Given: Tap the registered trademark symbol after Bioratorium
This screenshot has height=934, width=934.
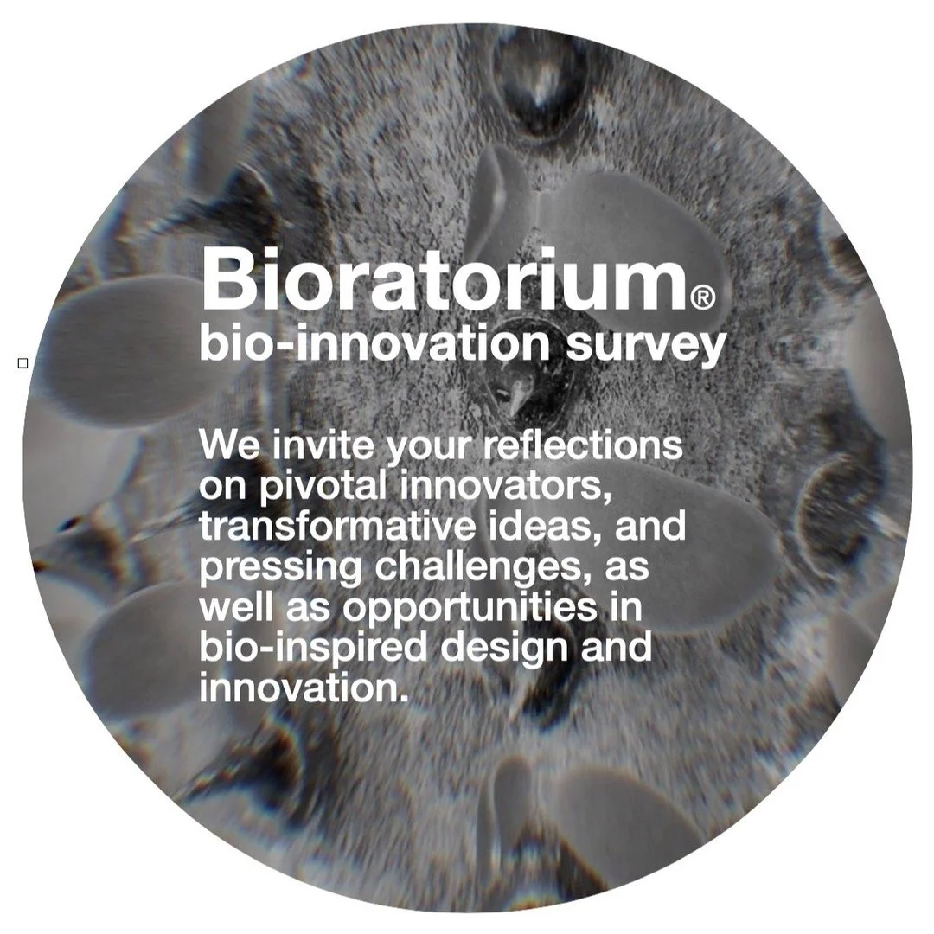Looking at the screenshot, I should coord(703,298).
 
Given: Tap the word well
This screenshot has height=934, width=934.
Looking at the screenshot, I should coord(233,607).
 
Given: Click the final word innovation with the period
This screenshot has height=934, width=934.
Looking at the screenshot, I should coord(303,688).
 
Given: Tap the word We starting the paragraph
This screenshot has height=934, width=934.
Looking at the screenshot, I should coord(229,446).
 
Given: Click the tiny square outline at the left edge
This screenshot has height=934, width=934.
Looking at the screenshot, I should coord(23,363).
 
